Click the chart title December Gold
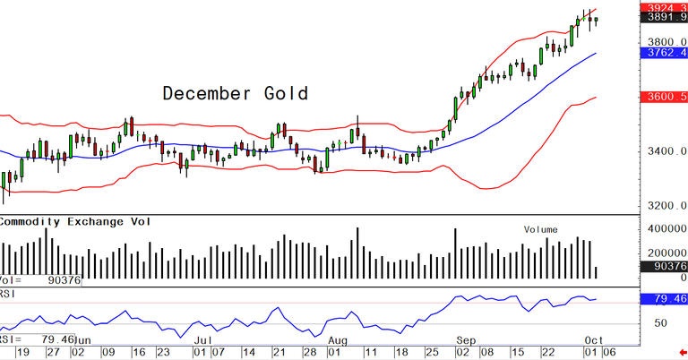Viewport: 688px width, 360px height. pyautogui.click(x=235, y=93)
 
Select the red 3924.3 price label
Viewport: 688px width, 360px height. pyautogui.click(x=663, y=7)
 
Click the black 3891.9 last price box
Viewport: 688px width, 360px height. pyautogui.click(x=663, y=19)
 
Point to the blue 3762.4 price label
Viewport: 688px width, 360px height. pyautogui.click(x=663, y=53)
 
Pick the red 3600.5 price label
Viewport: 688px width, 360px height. pyautogui.click(x=663, y=97)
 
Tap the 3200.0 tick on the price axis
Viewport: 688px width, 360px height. pyautogui.click(x=661, y=205)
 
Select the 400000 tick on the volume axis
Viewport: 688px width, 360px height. pyautogui.click(x=661, y=229)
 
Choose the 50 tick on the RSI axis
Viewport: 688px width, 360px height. pyautogui.click(x=661, y=321)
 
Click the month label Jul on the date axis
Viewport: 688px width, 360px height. pyautogui.click(x=203, y=341)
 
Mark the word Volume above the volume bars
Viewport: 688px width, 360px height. pyautogui.click(x=541, y=229)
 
